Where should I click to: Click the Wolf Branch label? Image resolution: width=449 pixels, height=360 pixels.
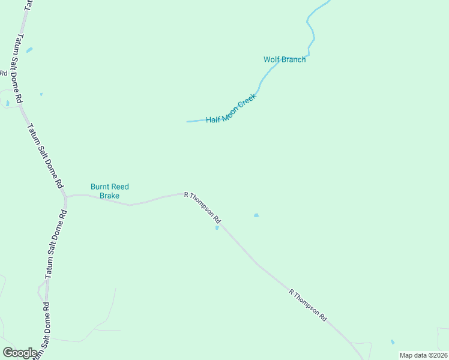(x=285, y=59)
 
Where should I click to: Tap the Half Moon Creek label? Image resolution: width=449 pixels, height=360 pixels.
(x=231, y=109)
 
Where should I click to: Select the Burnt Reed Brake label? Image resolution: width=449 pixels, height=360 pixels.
(x=109, y=191)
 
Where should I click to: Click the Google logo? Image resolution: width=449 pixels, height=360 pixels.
(x=20, y=353)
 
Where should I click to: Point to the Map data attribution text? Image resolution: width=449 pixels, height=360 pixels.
(x=423, y=355)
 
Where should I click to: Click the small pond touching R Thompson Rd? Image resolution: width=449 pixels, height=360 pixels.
(x=217, y=227)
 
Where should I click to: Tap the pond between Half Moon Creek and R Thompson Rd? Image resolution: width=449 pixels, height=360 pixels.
(x=256, y=215)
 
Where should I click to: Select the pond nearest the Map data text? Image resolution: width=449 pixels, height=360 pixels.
(x=393, y=342)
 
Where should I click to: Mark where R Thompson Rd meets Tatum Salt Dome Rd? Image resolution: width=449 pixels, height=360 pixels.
(x=67, y=196)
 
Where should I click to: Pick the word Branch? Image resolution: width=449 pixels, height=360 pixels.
(x=294, y=59)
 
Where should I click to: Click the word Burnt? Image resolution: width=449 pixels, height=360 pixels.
(x=100, y=187)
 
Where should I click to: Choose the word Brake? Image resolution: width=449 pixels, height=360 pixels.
(x=109, y=196)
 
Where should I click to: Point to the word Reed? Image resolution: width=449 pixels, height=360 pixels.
(x=120, y=187)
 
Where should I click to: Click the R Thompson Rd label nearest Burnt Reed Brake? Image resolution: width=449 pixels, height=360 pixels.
(x=203, y=208)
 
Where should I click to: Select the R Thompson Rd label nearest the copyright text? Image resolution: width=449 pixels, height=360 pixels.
(x=308, y=305)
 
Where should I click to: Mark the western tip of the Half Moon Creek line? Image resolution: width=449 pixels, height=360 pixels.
(x=187, y=122)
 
